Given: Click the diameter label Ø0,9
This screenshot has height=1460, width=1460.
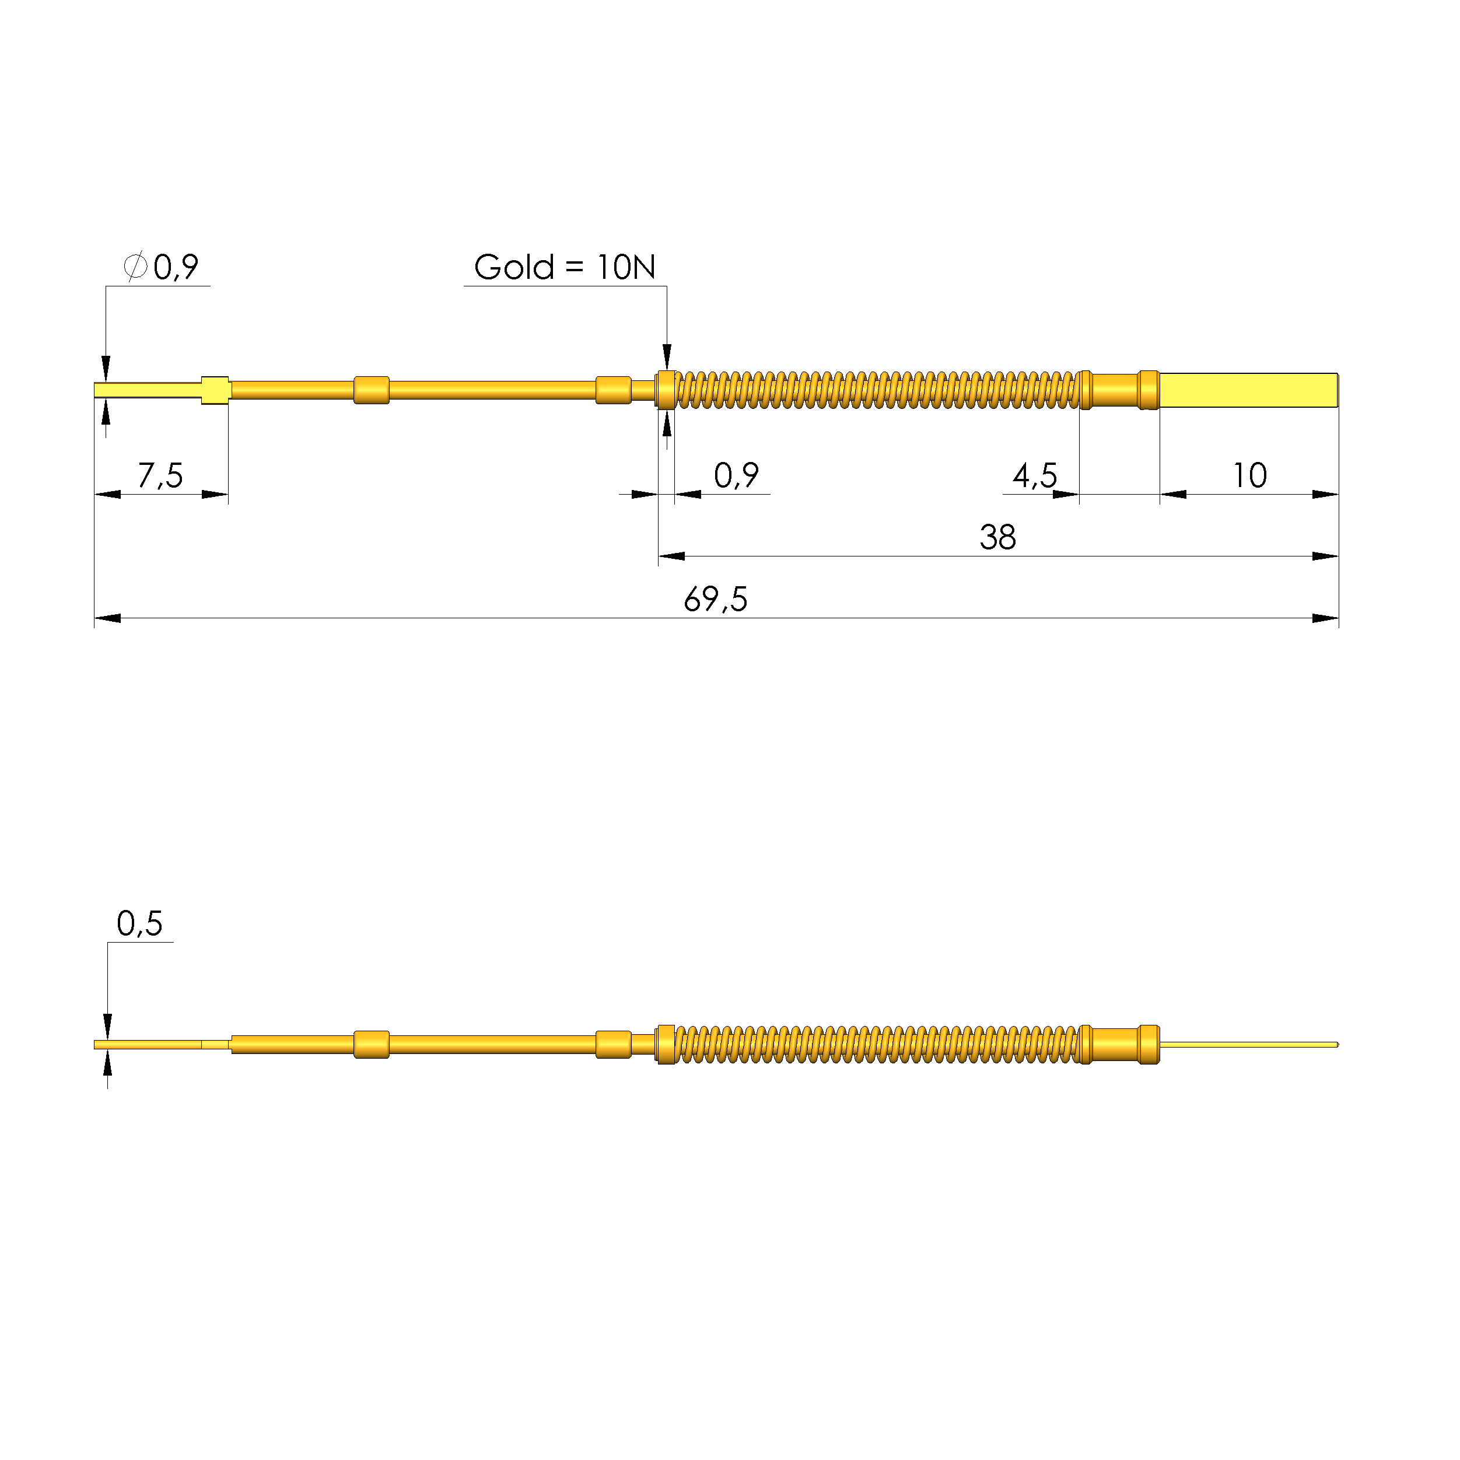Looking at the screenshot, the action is [161, 267].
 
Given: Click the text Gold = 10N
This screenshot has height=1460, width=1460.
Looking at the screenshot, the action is [565, 267].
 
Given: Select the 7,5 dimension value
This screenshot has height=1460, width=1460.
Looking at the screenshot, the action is [160, 475].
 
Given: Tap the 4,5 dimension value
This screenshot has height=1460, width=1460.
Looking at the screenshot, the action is [1035, 475].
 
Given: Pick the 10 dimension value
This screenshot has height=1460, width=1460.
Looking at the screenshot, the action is [1250, 475].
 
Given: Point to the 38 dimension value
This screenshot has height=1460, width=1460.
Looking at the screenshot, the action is [997, 537].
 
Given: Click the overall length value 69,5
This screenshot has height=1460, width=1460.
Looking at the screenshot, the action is [716, 599].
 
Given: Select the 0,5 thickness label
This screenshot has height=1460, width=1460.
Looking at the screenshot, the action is [140, 923].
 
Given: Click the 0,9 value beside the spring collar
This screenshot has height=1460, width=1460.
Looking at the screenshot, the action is [736, 475].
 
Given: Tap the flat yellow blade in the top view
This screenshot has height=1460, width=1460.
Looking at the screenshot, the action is [1248, 390].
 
